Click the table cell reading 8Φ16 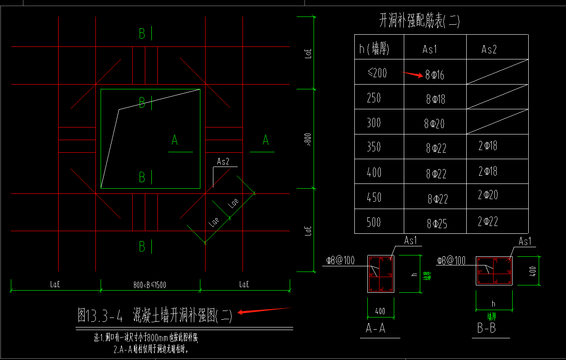click(435, 75)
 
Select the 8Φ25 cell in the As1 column click(437, 224)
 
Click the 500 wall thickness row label click(373, 222)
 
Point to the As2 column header click(489, 49)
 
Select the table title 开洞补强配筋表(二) click(419, 21)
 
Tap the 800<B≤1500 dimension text click(150, 285)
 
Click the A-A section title click(376, 328)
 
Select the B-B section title click(487, 328)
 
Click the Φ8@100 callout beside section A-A click(340, 260)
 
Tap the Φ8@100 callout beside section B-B click(451, 260)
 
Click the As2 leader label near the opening click(223, 162)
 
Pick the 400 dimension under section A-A click(380, 311)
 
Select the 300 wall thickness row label click(373, 123)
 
